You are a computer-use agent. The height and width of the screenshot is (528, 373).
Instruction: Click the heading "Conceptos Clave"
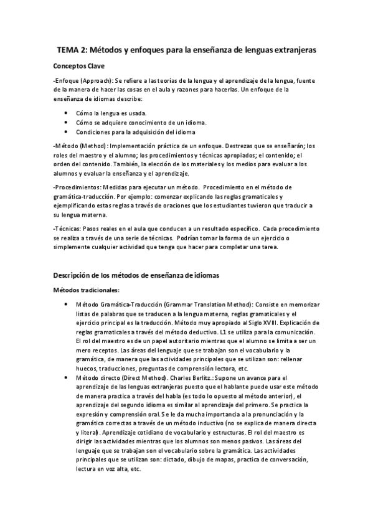tap(79, 65)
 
